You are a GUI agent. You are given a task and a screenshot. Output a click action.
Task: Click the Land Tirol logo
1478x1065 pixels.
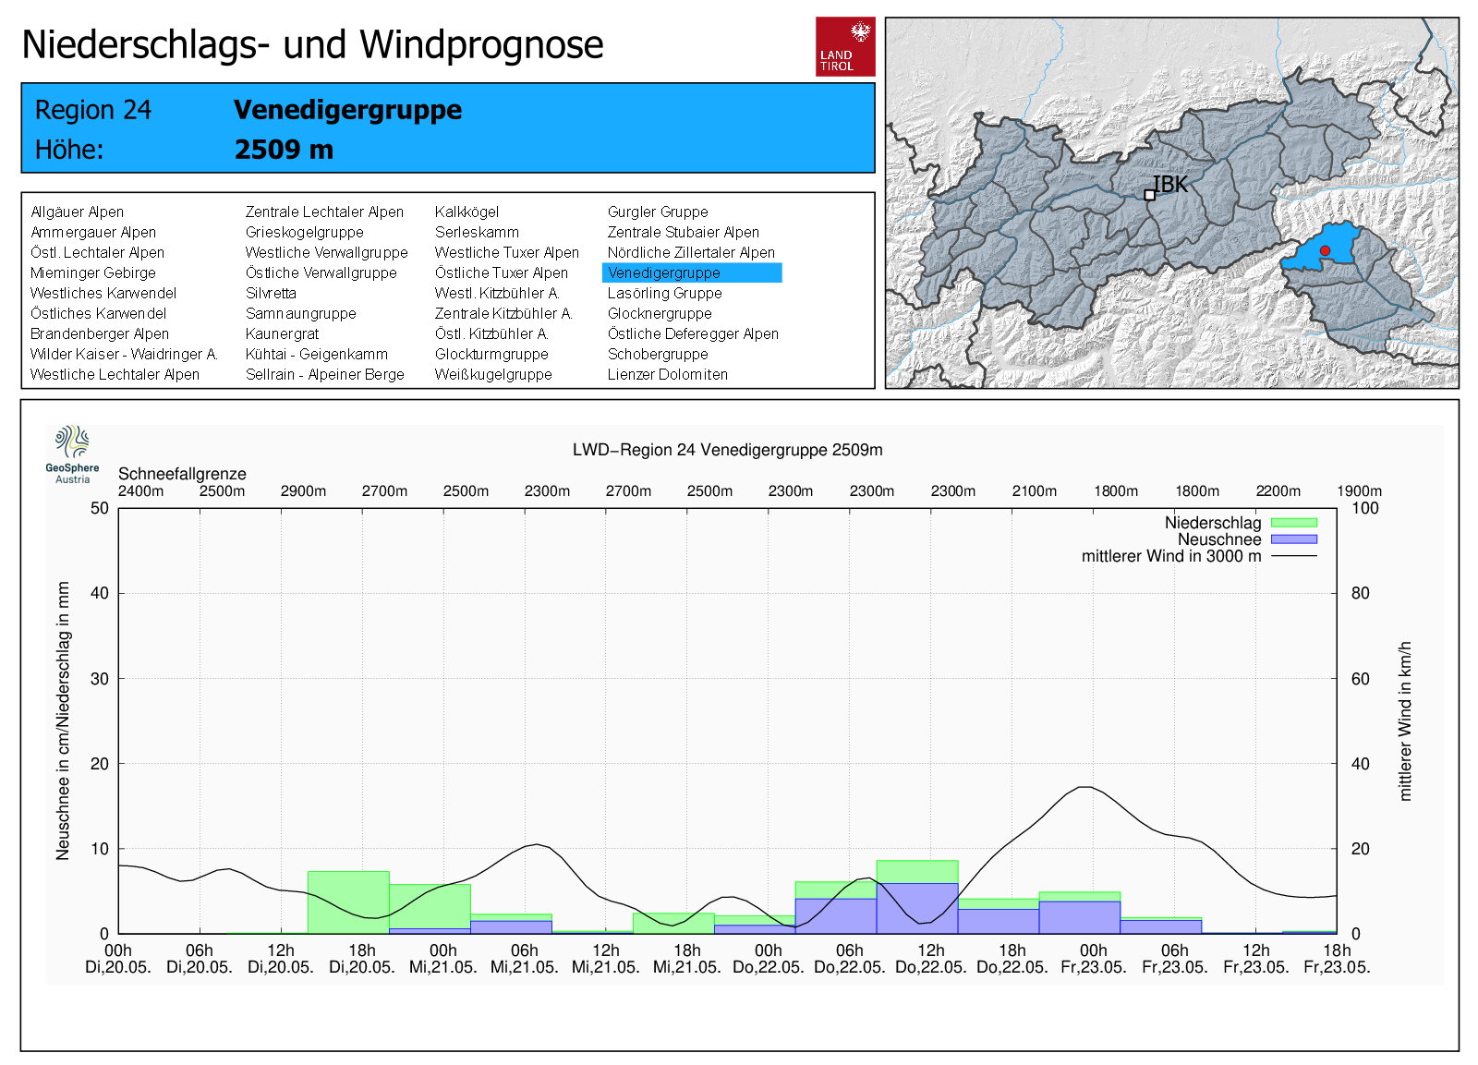click(844, 46)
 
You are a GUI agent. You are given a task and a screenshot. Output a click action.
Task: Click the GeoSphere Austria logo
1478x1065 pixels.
click(72, 454)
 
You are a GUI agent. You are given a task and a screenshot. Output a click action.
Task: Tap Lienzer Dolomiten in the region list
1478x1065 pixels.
click(667, 374)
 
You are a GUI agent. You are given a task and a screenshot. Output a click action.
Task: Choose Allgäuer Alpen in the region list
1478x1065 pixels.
click(77, 212)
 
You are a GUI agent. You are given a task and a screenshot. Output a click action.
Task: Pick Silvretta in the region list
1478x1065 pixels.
click(271, 293)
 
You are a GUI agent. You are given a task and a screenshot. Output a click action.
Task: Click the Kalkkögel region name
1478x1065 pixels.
click(466, 212)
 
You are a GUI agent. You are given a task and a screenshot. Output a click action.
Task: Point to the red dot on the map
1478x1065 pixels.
click(1325, 250)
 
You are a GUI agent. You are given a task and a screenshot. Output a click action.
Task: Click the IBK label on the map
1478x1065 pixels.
click(1169, 185)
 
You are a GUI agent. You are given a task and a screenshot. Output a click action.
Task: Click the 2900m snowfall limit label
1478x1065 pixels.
click(303, 491)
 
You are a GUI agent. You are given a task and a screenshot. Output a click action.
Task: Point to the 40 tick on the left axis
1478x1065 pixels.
click(99, 593)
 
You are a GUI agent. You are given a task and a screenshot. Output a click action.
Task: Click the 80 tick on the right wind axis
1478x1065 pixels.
click(1360, 593)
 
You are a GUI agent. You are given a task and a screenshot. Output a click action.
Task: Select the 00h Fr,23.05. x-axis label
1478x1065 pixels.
click(1093, 959)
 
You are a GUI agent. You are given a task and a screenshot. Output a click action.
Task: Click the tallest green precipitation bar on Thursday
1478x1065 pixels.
click(916, 872)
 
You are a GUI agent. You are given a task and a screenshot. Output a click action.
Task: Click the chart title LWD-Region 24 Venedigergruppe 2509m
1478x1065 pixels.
click(727, 450)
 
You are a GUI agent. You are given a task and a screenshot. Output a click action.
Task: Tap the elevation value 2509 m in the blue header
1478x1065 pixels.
click(284, 150)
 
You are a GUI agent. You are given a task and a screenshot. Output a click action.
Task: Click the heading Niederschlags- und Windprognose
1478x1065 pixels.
click(312, 44)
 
